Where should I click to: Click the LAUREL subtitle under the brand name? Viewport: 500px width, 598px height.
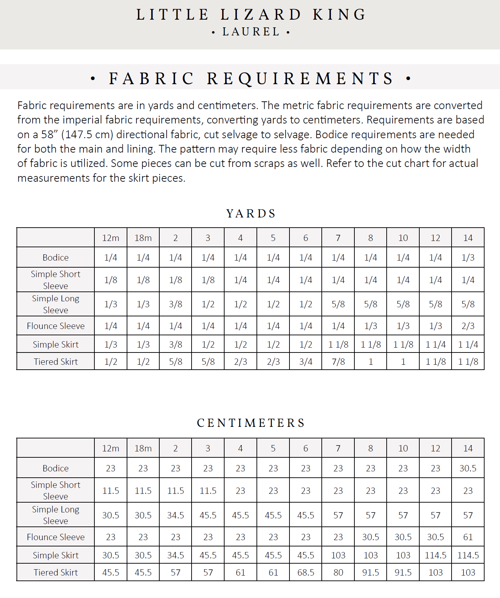[251, 32]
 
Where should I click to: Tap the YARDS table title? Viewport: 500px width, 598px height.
[251, 214]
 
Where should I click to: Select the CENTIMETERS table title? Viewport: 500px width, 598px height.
[251, 423]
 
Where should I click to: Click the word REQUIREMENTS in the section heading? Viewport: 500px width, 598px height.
[300, 78]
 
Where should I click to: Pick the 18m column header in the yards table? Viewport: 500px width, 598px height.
[143, 238]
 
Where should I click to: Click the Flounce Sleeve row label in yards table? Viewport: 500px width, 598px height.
[56, 326]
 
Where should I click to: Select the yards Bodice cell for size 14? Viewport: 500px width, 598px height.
[468, 257]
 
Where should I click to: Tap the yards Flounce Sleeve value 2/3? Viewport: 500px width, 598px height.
[468, 326]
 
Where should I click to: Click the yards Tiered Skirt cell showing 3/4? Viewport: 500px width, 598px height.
[306, 362]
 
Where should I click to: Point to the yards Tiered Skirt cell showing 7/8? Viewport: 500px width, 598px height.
[338, 362]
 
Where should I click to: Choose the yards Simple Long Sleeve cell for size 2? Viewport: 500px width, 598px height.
[175, 304]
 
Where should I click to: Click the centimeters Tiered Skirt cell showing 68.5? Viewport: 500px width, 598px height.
[306, 572]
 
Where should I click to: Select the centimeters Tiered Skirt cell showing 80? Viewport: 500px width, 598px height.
[338, 572]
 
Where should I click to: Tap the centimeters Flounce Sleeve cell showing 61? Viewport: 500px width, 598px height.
[468, 537]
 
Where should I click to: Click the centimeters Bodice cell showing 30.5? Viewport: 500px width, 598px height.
[468, 468]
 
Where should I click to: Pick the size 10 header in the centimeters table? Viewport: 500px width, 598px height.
[403, 448]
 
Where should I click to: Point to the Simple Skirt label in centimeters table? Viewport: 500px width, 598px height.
[56, 555]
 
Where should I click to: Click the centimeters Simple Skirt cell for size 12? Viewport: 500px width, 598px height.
[435, 555]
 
